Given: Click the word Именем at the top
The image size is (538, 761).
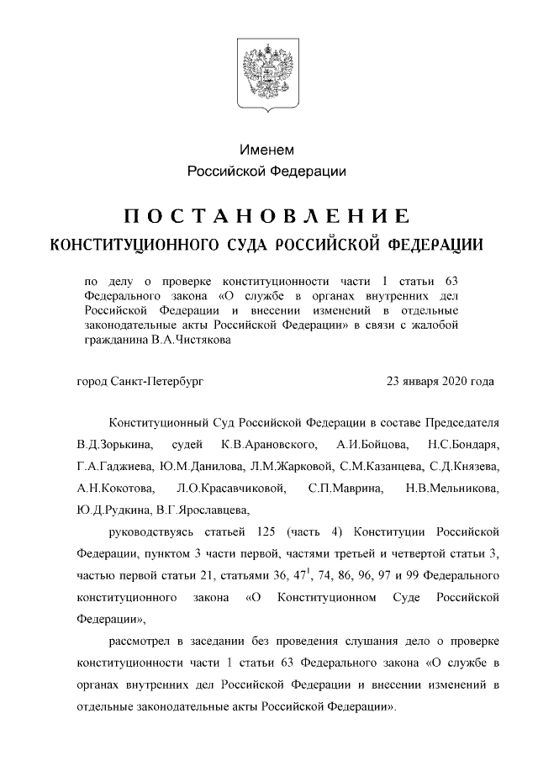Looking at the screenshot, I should [267, 151].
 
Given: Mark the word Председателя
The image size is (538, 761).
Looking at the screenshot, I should [456, 421].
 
